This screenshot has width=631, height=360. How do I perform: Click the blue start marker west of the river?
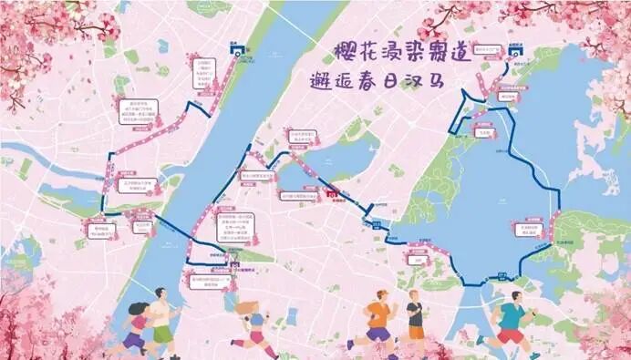coord(238,53)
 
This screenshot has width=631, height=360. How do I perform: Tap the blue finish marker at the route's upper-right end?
coord(513,53)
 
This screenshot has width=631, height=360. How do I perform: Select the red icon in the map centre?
coord(334,194)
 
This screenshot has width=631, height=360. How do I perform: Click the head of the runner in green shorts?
coord(160,293)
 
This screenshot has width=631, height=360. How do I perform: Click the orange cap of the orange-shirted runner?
coord(382,293)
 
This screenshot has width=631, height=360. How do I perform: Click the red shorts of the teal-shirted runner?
coord(511,335)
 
